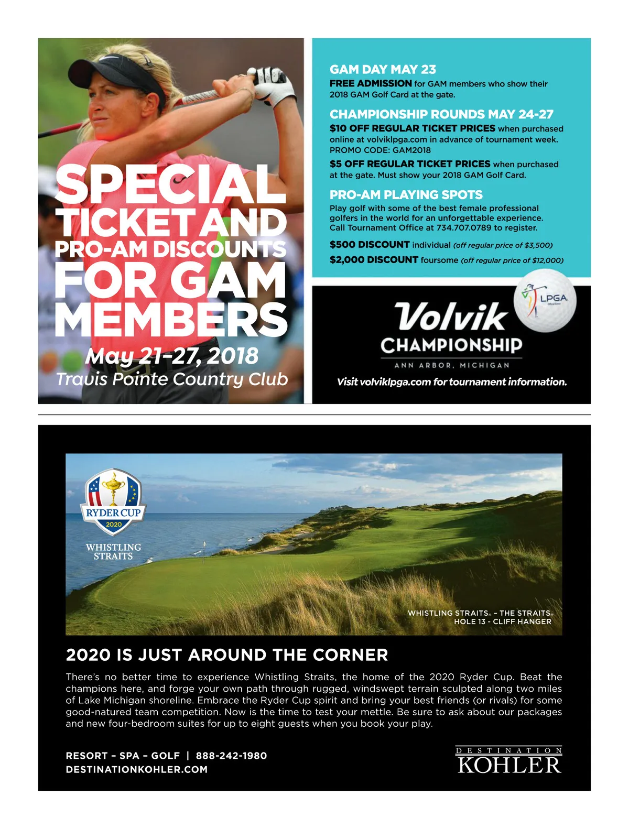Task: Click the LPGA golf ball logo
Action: pos(545,301)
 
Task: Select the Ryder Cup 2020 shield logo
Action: pos(113,500)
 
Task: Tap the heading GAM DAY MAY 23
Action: pos(383,69)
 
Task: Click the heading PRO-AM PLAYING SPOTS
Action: pos(406,195)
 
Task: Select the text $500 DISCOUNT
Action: pos(370,245)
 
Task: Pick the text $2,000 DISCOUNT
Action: pos(374,260)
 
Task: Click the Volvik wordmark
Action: pos(451,317)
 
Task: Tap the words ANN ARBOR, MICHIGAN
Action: pos(452,365)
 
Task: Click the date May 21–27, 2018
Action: pos(172,356)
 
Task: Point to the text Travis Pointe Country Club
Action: pos(172,379)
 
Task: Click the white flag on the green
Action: pos(204,546)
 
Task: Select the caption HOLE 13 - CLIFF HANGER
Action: pos(502,621)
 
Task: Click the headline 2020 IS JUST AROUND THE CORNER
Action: pos(227,655)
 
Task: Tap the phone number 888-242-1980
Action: pos(231,756)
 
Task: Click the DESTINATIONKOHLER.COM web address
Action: pos(137,769)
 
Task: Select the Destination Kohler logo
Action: pos(509,760)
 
